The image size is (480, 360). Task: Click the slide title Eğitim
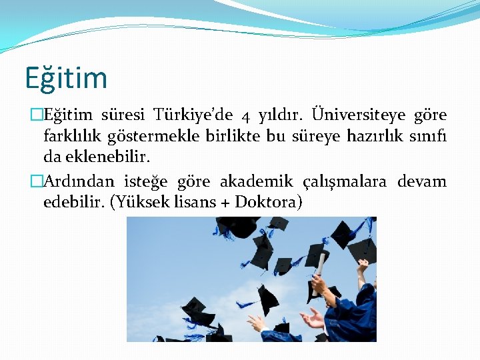[66, 77]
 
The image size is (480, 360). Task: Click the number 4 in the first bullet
[245, 117]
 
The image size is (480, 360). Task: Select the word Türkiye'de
[193, 115]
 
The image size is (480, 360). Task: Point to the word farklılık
[71, 137]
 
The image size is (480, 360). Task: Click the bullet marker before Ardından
[38, 181]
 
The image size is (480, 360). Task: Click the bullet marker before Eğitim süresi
[38, 115]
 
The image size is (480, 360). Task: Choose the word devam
[422, 181]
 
